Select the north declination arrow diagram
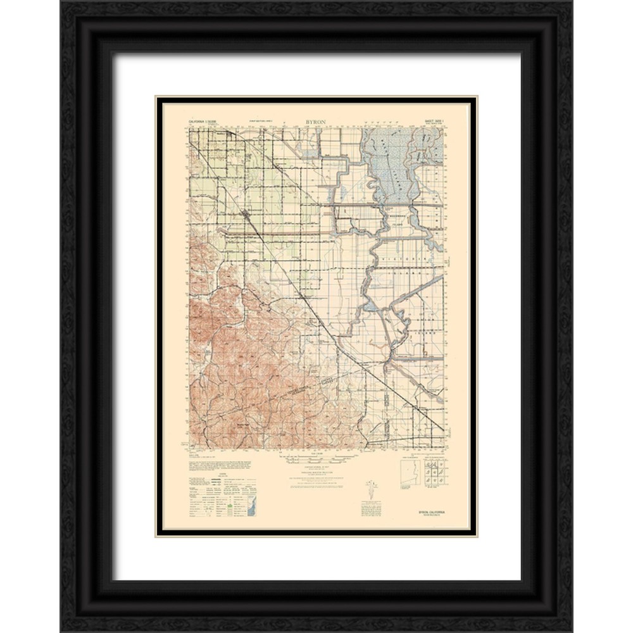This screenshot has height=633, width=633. point(369,489)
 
